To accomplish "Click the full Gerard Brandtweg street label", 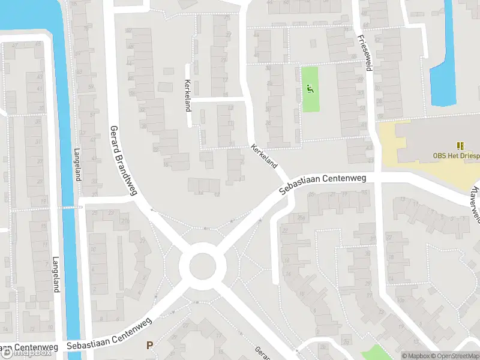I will [123, 160].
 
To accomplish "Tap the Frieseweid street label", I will [363, 52].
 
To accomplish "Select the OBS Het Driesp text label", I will [456, 155].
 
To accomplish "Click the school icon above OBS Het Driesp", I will [460, 145].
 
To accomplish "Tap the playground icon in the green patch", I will [310, 89].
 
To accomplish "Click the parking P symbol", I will [150, 345].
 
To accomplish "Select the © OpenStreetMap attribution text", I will [454, 356].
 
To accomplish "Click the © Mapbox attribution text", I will [415, 356].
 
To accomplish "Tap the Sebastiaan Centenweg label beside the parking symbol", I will [105, 346].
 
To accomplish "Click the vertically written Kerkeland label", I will [188, 96].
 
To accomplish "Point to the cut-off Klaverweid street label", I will [474, 203].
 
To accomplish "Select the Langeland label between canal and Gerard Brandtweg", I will [77, 165].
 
